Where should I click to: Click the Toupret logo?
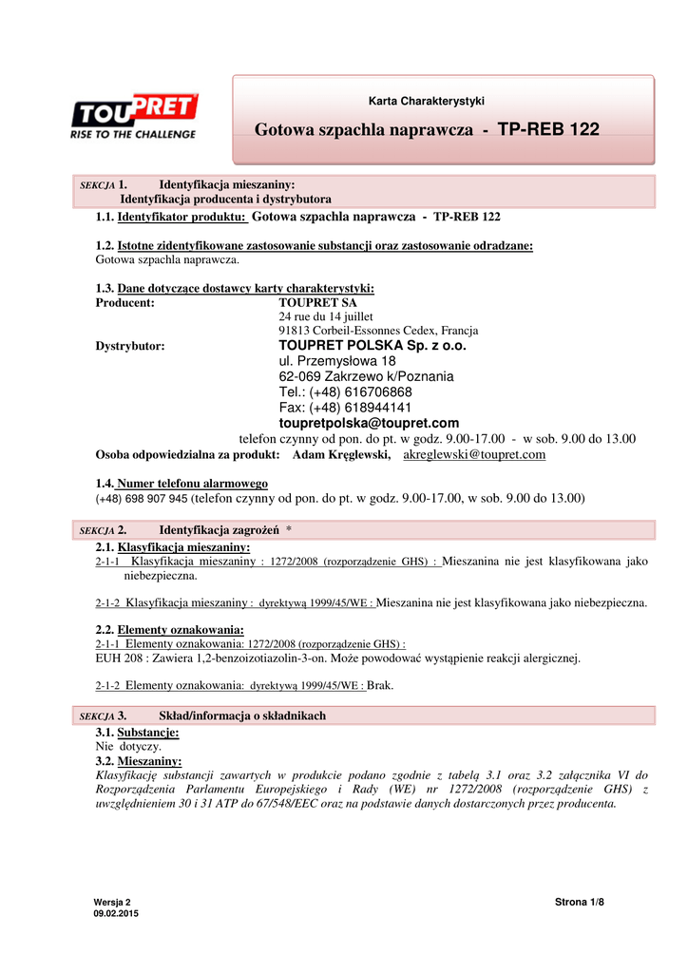[134, 116]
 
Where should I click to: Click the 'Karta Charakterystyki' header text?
[427, 101]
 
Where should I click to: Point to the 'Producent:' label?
[125, 302]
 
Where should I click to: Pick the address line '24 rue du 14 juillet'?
[326, 316]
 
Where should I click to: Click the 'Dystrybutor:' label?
[130, 346]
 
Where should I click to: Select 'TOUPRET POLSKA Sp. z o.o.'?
[373, 346]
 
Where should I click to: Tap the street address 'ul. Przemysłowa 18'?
[337, 362]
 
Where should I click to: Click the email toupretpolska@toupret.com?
[369, 423]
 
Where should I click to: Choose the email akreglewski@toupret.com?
[475, 455]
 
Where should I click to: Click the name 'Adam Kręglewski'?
[341, 455]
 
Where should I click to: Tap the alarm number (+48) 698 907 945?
[142, 498]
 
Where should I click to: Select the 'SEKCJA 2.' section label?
[104, 529]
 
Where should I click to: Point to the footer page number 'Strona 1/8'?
[580, 902]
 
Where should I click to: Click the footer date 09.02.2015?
[116, 913]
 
